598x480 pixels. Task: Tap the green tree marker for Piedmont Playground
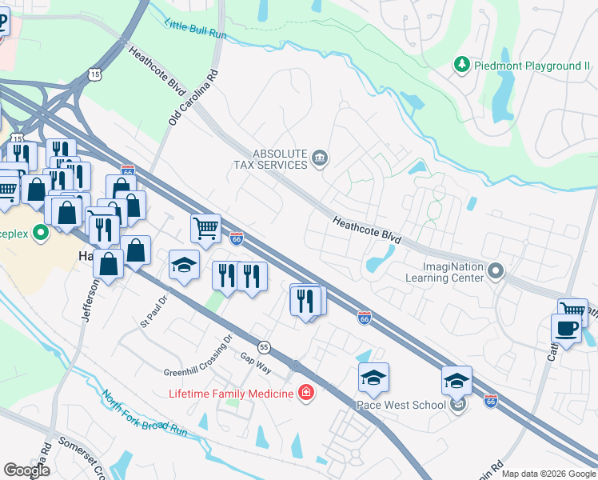462,64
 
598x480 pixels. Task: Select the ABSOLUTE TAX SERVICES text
269,158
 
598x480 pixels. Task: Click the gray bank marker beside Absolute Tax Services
321,158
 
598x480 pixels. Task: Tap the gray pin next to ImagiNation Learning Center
496,272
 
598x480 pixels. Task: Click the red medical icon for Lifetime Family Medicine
305,392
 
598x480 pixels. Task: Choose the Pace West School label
401,405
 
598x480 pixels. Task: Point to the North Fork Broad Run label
144,414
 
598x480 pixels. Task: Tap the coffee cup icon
566,328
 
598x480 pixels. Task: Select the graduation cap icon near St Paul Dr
185,265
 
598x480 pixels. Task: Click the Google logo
26,470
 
